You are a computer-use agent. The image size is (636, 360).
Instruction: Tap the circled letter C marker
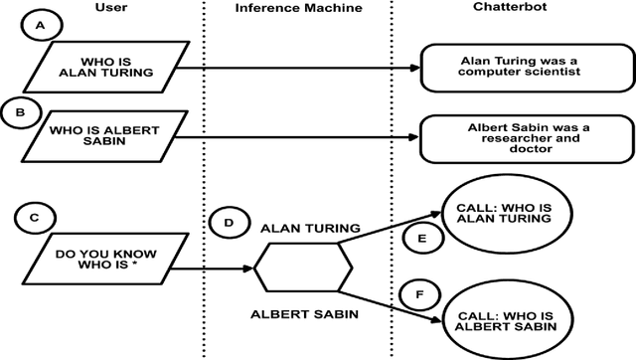pyautogui.click(x=37, y=217)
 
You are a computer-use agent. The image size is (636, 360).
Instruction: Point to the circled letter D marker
pyautogui.click(x=229, y=222)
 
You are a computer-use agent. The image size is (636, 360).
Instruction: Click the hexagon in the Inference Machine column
pyautogui.click(x=303, y=269)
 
